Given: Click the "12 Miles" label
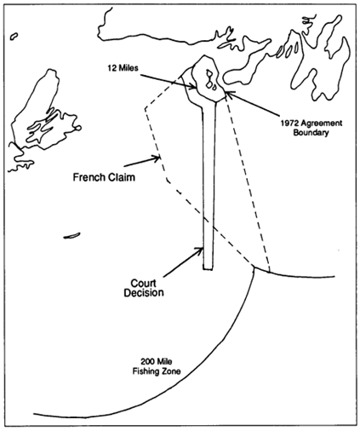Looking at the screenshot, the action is (123, 68).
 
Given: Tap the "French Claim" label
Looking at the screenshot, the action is (104, 177).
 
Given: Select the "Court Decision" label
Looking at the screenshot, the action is (144, 288).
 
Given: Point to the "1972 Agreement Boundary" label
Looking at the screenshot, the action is (311, 128).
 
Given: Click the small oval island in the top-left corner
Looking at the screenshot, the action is (14, 36).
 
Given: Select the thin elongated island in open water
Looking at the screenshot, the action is (71, 236).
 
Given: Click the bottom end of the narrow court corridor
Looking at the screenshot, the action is (208, 268).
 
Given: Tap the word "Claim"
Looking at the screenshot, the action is (123, 177).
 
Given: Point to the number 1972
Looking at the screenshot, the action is (289, 124).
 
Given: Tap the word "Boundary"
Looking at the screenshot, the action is (311, 132).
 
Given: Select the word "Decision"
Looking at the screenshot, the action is (144, 293).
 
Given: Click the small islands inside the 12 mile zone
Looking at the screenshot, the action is (211, 80).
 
